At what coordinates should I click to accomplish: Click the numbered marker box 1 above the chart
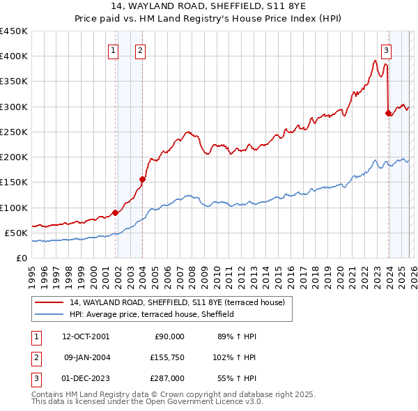click(113, 49)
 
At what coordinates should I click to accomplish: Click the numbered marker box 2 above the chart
click(140, 49)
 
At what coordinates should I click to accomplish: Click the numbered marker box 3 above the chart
click(386, 49)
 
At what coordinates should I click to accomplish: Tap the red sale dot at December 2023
click(388, 113)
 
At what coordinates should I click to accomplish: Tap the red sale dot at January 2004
click(142, 179)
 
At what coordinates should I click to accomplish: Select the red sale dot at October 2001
click(115, 212)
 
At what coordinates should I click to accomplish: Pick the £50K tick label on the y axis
click(17, 233)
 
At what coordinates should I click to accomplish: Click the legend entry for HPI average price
click(151, 314)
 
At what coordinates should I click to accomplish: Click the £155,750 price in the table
click(167, 357)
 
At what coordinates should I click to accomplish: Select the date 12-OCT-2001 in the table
click(86, 336)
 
